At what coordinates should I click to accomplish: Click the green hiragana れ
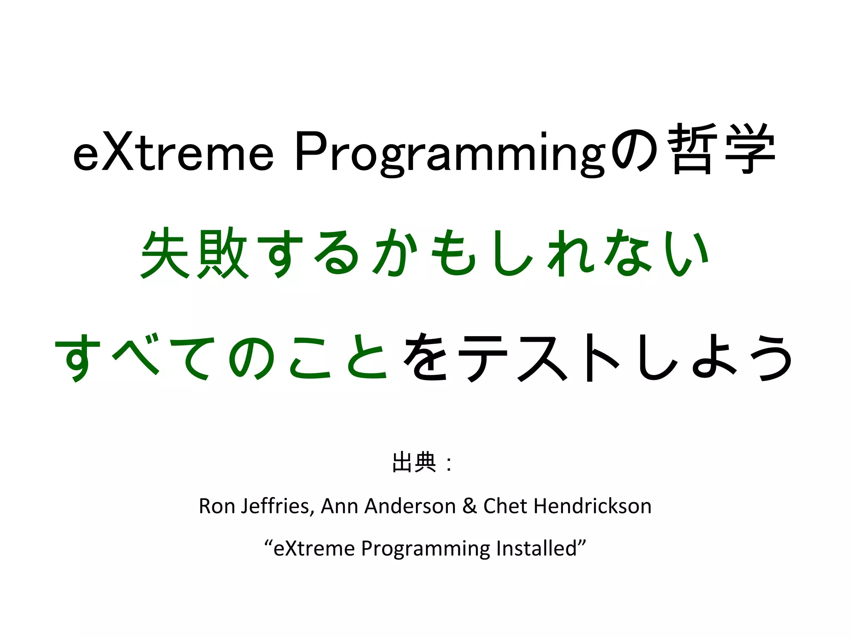coord(571,253)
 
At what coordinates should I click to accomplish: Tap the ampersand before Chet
coord(470,506)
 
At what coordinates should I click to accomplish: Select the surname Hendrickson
coord(593,506)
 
